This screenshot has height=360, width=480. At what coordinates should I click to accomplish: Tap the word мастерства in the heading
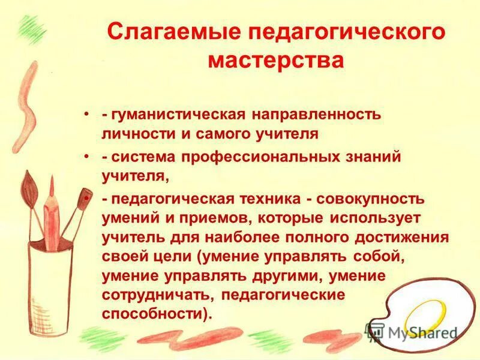coord(276,61)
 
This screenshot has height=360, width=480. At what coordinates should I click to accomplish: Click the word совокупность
coord(374,199)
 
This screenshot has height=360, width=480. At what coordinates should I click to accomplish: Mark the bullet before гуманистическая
coord(88,113)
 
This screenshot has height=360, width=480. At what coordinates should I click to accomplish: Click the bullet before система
coord(88,156)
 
